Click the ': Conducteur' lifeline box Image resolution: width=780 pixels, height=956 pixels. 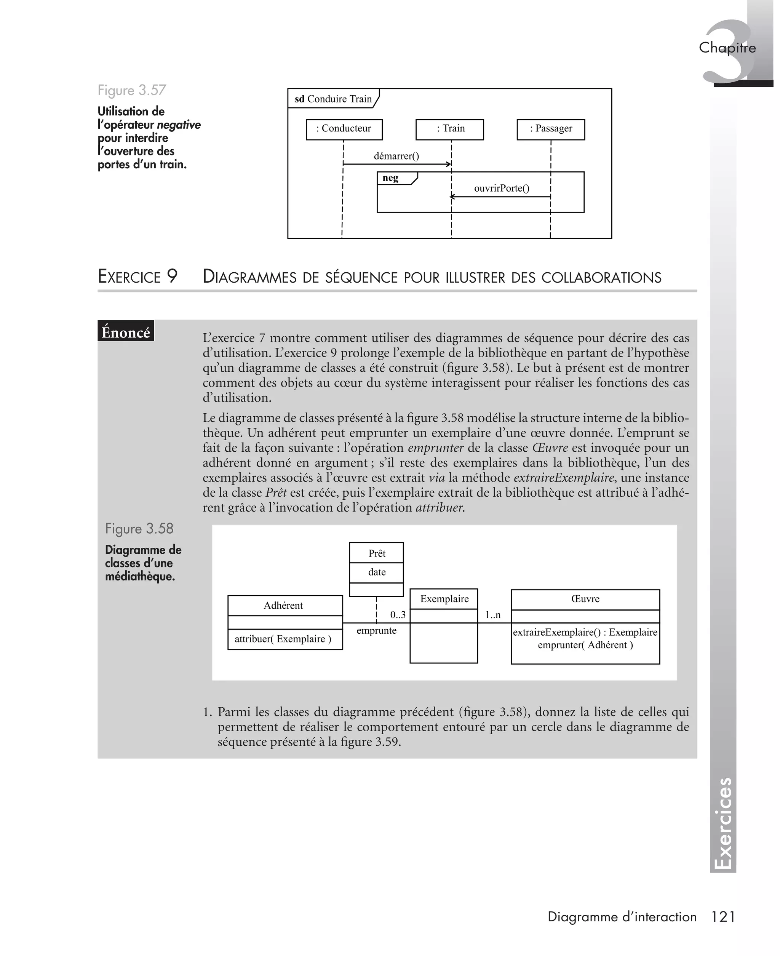tap(344, 129)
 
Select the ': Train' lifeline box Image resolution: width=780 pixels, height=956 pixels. tap(450, 129)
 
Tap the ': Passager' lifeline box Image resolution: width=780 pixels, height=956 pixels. tap(551, 129)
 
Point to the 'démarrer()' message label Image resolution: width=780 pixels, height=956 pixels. tap(396, 156)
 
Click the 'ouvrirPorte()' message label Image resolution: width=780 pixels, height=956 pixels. tap(502, 188)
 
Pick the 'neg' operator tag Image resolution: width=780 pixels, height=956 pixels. tap(391, 178)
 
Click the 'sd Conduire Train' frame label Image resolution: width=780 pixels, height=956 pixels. tap(333, 99)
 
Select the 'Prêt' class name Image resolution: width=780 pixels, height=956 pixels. tap(377, 553)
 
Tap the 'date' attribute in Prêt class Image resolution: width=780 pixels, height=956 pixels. tap(377, 572)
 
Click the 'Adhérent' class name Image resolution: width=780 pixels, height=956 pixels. tap(283, 606)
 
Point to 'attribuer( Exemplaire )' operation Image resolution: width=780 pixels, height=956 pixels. tap(283, 639)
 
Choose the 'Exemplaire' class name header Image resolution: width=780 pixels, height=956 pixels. tap(444, 599)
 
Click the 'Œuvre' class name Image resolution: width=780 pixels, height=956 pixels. tap(585, 599)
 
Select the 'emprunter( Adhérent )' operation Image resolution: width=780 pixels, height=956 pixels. tap(585, 645)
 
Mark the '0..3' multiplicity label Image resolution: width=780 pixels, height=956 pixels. tap(398, 615)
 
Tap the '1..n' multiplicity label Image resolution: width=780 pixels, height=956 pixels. tap(493, 615)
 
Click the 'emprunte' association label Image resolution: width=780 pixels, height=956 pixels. tap(377, 630)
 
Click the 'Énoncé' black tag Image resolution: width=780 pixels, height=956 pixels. tap(126, 333)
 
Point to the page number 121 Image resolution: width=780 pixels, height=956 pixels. tap(723, 917)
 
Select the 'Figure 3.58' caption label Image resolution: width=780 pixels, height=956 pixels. tap(139, 529)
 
